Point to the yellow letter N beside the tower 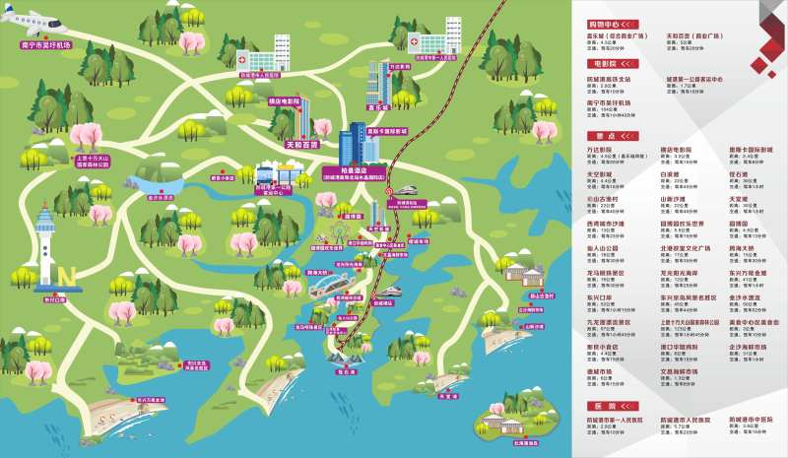[68, 273]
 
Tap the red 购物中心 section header [611, 22]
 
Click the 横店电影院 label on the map [283, 100]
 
